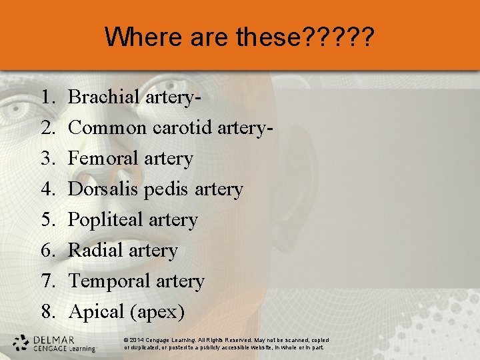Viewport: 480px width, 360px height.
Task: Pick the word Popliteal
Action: pos(107,221)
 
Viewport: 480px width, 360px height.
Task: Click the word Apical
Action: pos(97,312)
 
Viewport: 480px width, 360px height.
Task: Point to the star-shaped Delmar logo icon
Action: pos(21,343)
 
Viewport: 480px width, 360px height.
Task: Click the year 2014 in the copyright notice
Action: pos(139,340)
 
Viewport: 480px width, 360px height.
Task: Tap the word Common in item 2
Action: pos(107,128)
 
